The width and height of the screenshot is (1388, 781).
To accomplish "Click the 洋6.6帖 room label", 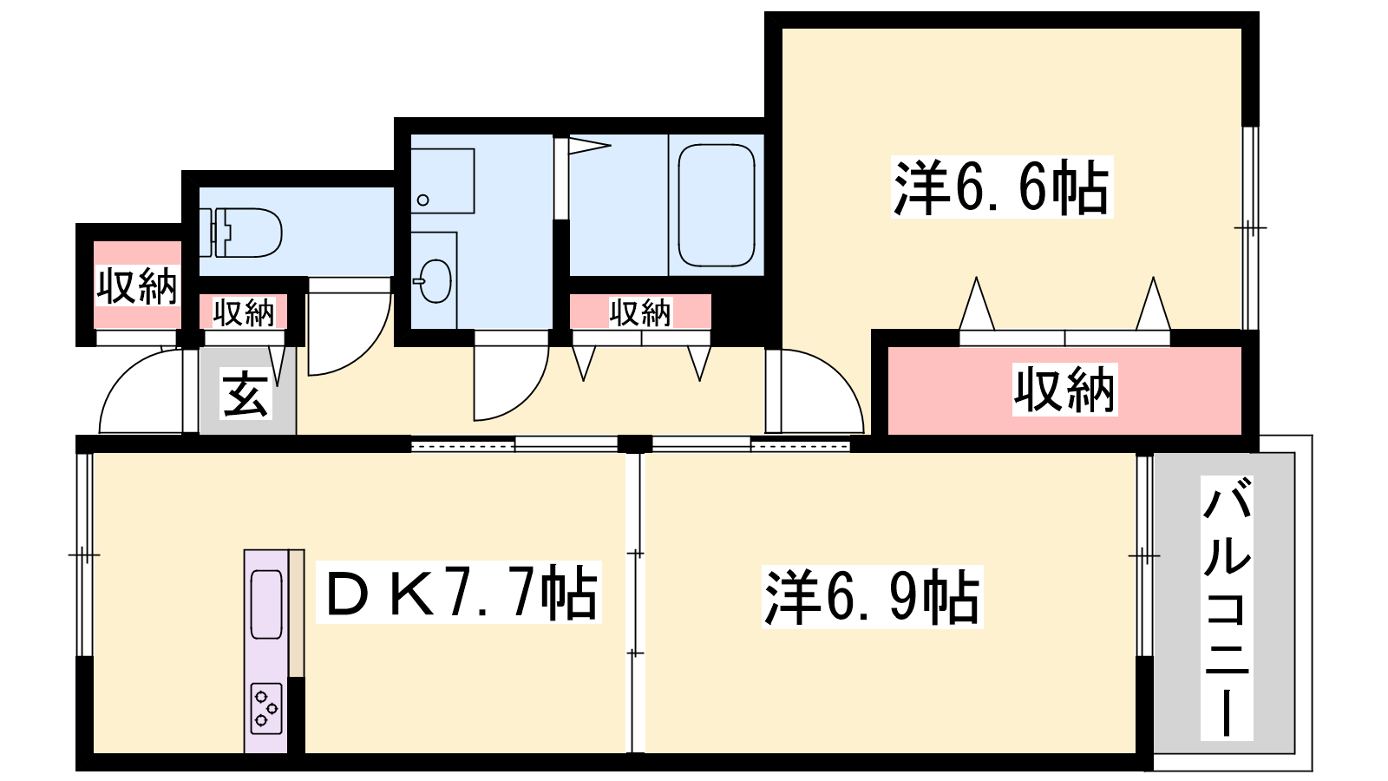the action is (x=1001, y=187).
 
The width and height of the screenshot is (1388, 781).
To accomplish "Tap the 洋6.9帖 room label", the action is (x=873, y=596).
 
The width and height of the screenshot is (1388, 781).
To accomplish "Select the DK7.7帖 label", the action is (x=459, y=592).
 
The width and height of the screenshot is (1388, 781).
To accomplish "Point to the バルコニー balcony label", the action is (x=1227, y=607).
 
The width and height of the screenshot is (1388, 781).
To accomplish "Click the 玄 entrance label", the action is (x=246, y=394).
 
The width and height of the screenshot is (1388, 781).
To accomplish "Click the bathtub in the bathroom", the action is (x=717, y=205).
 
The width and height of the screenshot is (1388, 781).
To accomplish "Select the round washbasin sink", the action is (x=434, y=281).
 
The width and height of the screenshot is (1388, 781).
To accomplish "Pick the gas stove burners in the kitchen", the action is (x=266, y=708).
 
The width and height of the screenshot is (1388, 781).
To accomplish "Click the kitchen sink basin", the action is (x=266, y=604).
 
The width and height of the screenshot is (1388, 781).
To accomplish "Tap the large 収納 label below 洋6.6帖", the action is (x=1064, y=390).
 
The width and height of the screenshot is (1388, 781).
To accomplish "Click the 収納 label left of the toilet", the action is (x=137, y=285).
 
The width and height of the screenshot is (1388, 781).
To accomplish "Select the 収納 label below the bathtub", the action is (x=640, y=312).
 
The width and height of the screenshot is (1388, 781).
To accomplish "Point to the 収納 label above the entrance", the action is (x=244, y=312).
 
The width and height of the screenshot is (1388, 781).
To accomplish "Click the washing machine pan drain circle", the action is (x=423, y=200).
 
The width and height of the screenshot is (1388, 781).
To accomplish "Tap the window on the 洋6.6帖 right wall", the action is (x=1250, y=228).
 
